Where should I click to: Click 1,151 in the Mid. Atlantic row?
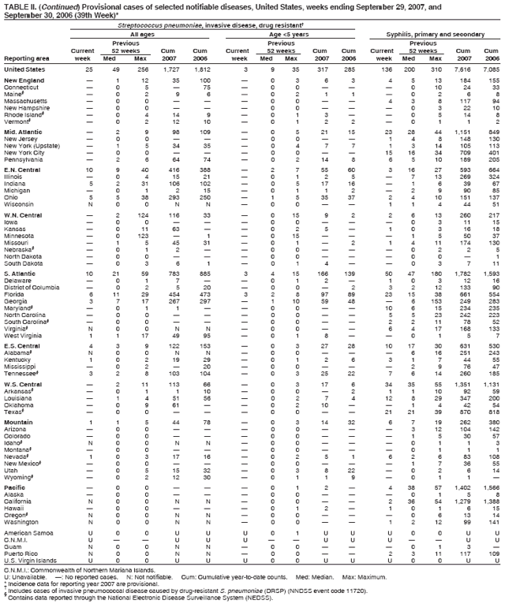(x=463, y=130)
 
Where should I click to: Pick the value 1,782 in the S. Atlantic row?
(x=463, y=274)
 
